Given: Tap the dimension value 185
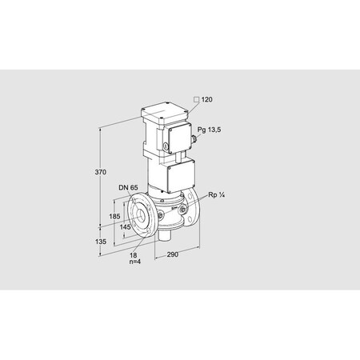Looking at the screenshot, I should (114, 217).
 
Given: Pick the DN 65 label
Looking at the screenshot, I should (128, 189).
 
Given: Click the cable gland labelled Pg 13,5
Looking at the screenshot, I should (195, 139).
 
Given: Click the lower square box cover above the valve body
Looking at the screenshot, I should (182, 175).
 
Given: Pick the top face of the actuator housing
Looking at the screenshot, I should (166, 112).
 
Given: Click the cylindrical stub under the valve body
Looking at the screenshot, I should (166, 233).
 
